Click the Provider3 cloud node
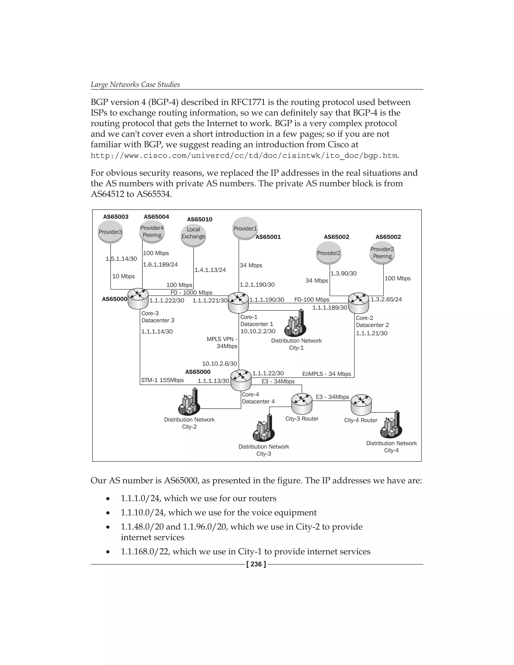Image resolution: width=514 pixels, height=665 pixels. point(110,232)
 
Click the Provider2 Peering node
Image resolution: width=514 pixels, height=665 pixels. point(382,253)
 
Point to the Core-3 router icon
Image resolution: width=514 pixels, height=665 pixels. point(138,298)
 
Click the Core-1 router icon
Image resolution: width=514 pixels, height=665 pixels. point(238,302)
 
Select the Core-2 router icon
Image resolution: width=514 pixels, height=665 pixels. point(358,303)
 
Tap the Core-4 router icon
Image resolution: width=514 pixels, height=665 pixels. point(241,380)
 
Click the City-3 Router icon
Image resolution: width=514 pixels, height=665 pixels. point(302,404)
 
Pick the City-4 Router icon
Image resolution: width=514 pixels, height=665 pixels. point(361,405)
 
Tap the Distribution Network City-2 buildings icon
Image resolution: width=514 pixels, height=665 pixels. point(189,403)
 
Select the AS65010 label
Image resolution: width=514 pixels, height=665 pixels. point(200,220)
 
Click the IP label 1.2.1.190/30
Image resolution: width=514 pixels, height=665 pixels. point(257,285)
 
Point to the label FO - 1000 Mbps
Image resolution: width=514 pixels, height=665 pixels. point(191,293)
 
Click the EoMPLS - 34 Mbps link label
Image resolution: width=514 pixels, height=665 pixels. point(327,374)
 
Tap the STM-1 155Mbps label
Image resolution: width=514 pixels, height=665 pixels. point(162,380)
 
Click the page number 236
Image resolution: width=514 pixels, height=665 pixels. point(256,564)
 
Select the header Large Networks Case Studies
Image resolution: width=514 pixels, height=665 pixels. point(135,85)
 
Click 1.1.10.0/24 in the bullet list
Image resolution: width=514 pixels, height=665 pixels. point(143,512)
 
